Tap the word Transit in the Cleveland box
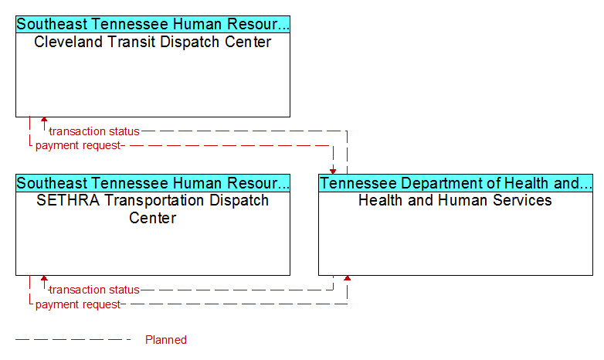pyautogui.click(x=131, y=42)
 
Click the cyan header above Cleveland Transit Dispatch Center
pyautogui.click(x=153, y=24)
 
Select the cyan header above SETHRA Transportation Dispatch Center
pyautogui.click(x=153, y=183)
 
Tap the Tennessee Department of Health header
pyautogui.click(x=456, y=183)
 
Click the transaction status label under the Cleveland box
pyautogui.click(x=94, y=131)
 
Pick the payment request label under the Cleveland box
pyautogui.click(x=78, y=146)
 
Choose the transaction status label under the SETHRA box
pyautogui.click(x=94, y=290)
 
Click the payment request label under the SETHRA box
pyautogui.click(x=78, y=304)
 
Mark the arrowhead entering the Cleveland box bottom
pyautogui.click(x=44, y=120)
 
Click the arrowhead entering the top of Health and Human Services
pyautogui.click(x=333, y=172)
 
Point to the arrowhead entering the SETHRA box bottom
pyautogui.click(x=44, y=278)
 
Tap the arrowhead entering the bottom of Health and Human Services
pyautogui.click(x=347, y=278)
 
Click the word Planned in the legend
pyautogui.click(x=165, y=340)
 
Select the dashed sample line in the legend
pyautogui.click(x=73, y=340)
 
